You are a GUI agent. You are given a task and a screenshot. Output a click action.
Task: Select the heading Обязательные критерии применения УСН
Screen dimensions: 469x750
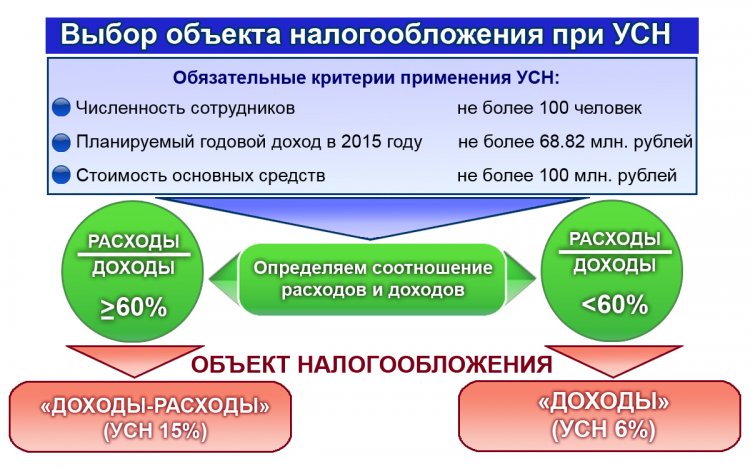coord(368,78)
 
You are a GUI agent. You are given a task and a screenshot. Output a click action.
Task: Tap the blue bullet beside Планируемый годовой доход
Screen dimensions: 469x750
coord(61,142)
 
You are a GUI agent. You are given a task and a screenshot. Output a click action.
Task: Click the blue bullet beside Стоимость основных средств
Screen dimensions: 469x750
coord(61,176)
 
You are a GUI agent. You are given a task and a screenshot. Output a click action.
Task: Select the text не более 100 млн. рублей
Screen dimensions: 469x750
coord(567,176)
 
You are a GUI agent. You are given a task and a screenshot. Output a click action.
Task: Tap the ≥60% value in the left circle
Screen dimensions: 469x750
coord(133,308)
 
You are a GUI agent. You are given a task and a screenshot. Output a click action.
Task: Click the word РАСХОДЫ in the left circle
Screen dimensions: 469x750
coord(133,242)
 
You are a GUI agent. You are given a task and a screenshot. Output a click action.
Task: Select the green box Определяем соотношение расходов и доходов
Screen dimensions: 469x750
coord(373,280)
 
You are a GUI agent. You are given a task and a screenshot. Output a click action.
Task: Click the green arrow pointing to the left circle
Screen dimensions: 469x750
coord(222,280)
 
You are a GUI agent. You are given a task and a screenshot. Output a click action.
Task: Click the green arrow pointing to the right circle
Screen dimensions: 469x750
coord(522,280)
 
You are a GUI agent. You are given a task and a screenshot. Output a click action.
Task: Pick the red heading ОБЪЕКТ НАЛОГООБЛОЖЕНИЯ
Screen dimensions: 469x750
coord(371,364)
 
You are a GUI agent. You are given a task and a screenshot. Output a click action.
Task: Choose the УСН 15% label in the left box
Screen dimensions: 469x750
coord(154,432)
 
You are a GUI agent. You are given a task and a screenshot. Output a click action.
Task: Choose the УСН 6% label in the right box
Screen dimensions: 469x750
coord(603,430)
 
